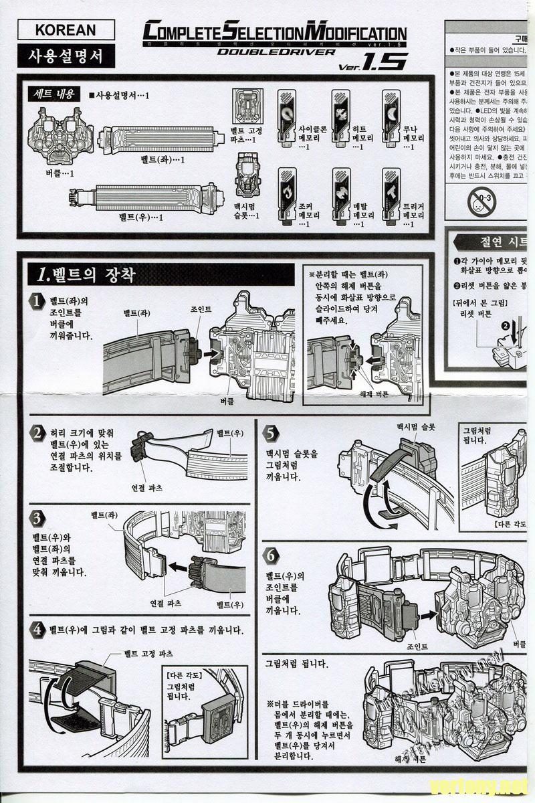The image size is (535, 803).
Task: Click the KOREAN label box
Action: (x=65, y=30)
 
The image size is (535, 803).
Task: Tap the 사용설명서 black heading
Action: (x=65, y=56)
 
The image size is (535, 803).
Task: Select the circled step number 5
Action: (x=270, y=432)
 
